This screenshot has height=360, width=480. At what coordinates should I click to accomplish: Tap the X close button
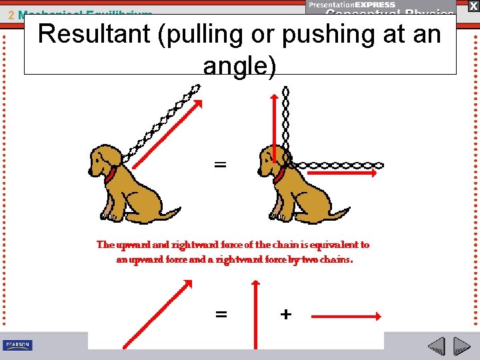[473, 5]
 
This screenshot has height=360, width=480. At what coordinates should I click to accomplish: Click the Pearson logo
[18, 345]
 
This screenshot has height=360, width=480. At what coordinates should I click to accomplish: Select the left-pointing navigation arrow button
[437, 347]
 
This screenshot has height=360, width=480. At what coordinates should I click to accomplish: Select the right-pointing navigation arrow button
[461, 347]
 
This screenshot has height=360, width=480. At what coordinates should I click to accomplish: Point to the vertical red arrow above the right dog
[274, 127]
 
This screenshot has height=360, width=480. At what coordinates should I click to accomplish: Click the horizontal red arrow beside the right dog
[340, 172]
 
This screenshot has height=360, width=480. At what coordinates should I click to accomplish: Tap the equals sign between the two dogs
[220, 164]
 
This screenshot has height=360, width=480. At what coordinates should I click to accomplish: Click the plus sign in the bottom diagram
[285, 314]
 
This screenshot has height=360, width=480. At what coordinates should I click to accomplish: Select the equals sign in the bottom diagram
[221, 314]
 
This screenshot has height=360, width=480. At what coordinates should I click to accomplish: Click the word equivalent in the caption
[333, 245]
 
